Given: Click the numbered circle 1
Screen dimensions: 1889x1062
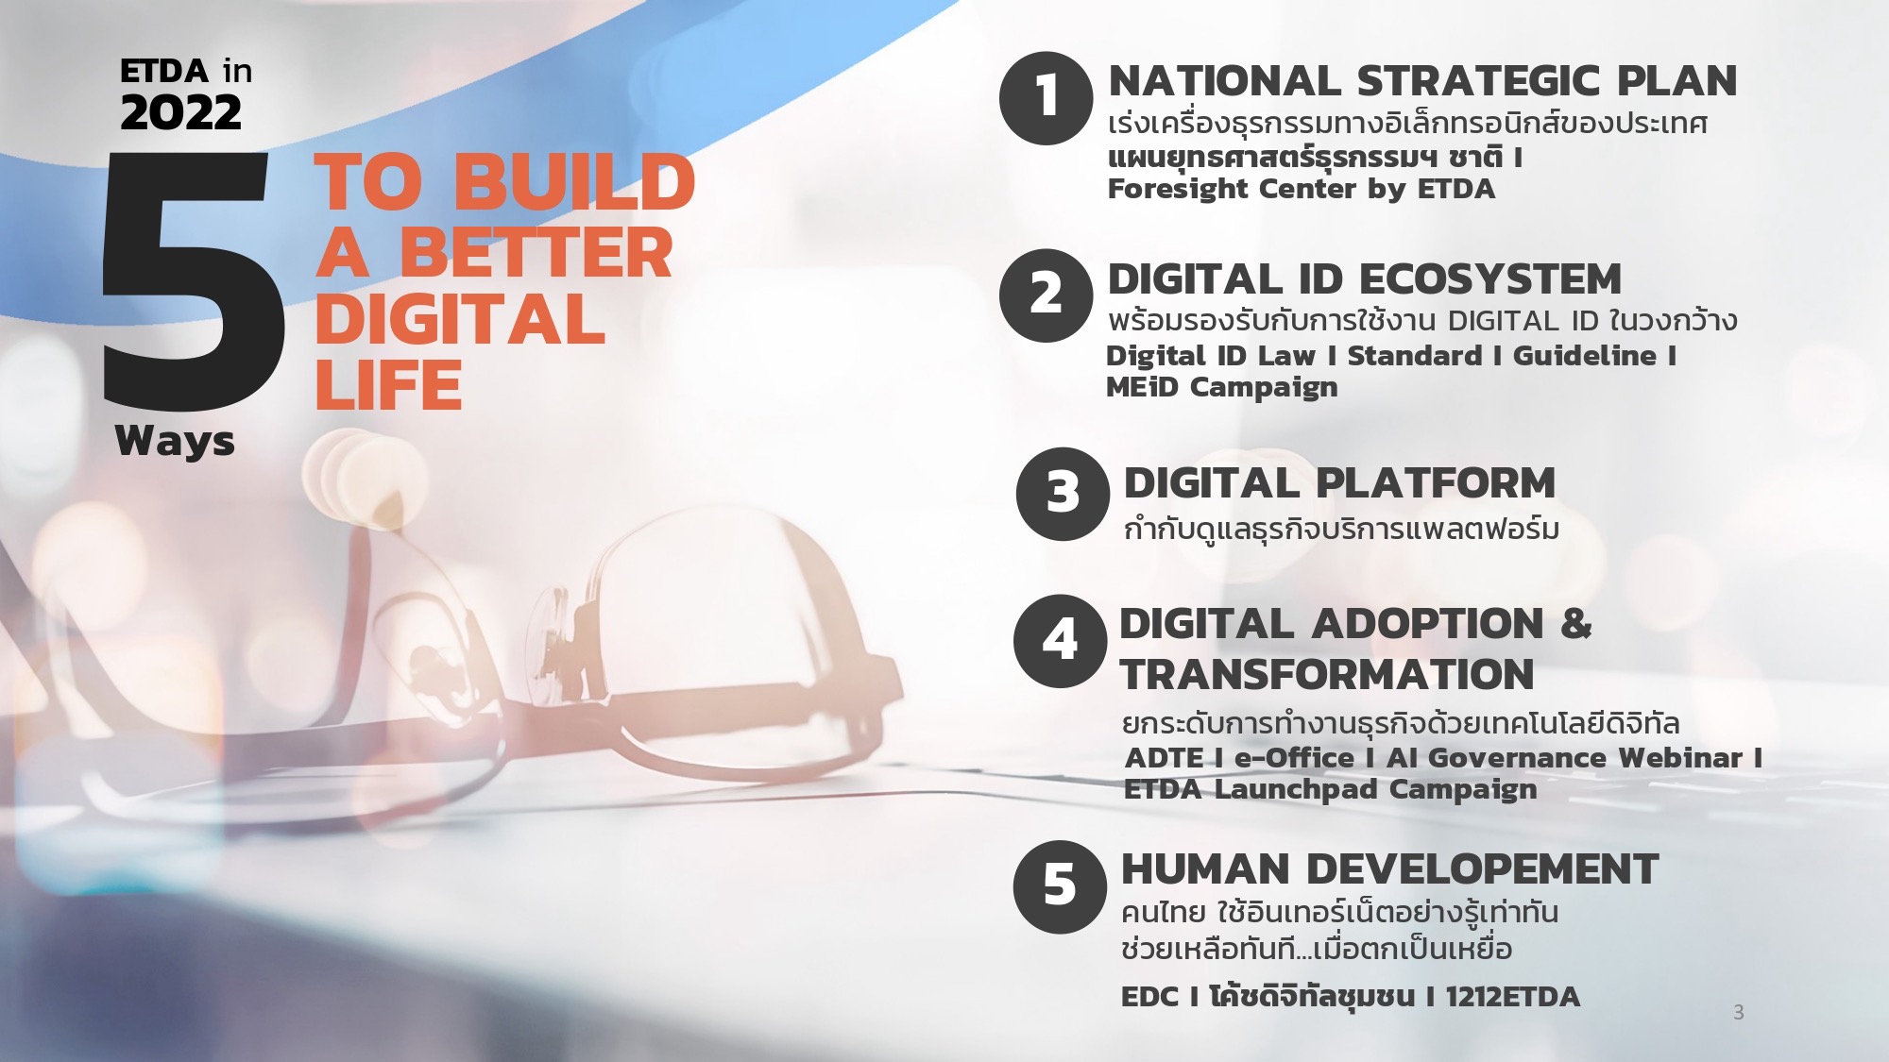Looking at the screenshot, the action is (x=1047, y=98).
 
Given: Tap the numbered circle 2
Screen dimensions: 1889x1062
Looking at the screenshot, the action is (x=1047, y=295).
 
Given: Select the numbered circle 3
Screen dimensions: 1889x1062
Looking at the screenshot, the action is (x=1063, y=494).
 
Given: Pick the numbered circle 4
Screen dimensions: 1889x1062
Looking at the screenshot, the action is (x=1060, y=641).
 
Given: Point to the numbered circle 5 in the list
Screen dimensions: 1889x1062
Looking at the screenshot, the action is (x=1060, y=887).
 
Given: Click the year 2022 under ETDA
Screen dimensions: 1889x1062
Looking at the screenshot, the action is (x=180, y=113).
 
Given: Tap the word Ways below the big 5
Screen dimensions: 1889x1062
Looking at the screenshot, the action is (x=175, y=441).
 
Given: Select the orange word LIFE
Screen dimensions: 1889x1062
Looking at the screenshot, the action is (x=388, y=385).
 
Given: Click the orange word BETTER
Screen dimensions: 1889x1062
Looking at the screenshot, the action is (x=536, y=253).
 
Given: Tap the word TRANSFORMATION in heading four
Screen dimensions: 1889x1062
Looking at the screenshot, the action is (x=1327, y=674).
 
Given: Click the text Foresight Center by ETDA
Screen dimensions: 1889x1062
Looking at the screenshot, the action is (x=1302, y=189).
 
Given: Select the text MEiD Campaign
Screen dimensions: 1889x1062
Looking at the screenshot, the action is (x=1222, y=387).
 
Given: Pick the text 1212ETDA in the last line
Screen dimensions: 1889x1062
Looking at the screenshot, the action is (x=1512, y=997).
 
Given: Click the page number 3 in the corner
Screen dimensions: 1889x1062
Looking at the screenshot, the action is (x=1739, y=1012).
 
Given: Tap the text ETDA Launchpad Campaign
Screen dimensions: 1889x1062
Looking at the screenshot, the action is (x=1331, y=789).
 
